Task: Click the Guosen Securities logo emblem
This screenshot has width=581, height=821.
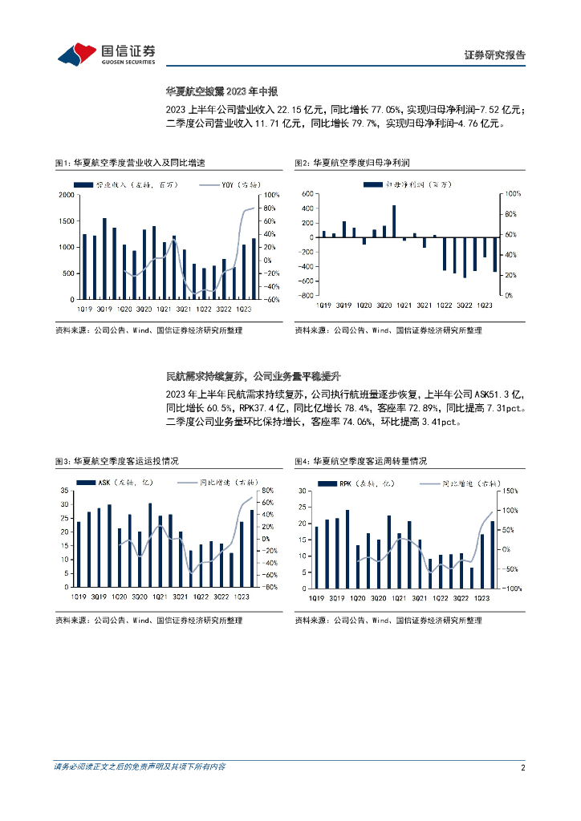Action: click(75, 55)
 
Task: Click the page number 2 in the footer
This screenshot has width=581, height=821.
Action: click(522, 767)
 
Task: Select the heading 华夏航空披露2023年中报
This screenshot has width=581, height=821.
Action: click(221, 91)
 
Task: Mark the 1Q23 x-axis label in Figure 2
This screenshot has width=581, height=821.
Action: click(484, 305)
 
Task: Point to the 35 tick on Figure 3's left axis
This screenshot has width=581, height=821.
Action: click(65, 491)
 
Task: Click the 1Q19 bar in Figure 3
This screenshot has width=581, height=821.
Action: click(79, 554)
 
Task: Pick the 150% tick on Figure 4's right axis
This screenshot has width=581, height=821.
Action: click(510, 491)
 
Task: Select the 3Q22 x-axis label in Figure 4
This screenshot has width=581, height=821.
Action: click(461, 597)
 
